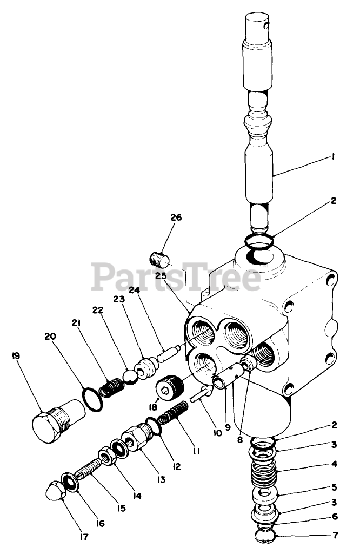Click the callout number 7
[x=335, y=536]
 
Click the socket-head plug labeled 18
[x=169, y=386]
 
